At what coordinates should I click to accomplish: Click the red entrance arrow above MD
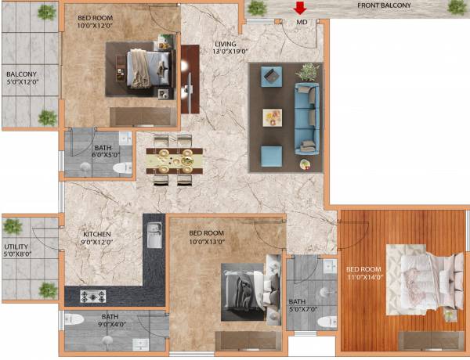click(x=299, y=9)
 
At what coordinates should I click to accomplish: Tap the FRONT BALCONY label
click(x=385, y=5)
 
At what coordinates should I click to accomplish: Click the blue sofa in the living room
click(x=306, y=117)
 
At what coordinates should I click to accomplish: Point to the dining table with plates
click(x=174, y=160)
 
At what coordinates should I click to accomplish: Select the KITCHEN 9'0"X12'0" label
click(x=98, y=239)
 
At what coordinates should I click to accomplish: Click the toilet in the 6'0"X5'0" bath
click(x=122, y=167)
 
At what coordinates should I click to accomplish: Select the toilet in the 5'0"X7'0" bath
click(x=327, y=320)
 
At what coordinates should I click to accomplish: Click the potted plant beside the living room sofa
click(x=309, y=72)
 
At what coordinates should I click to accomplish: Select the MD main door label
click(x=302, y=23)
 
